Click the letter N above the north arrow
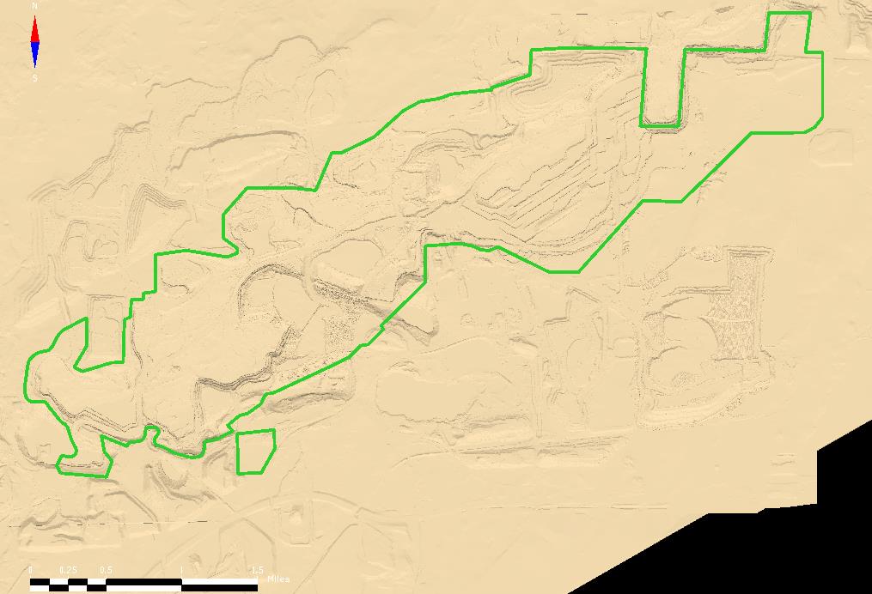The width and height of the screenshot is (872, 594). click(x=34, y=6)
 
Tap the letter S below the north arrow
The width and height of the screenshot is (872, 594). click(x=34, y=78)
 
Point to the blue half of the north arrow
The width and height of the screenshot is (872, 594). click(x=35, y=55)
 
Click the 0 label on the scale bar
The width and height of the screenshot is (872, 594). click(x=31, y=570)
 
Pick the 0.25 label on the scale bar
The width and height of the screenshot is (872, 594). click(x=67, y=570)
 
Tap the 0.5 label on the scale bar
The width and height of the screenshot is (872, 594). click(x=106, y=570)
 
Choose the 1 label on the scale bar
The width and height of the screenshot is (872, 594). click(x=181, y=570)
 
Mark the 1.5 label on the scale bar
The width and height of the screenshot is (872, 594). click(x=256, y=570)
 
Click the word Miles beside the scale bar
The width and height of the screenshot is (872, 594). click(x=278, y=579)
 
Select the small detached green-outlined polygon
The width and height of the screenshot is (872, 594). click(x=254, y=452)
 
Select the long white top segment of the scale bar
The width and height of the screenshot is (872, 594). click(x=219, y=582)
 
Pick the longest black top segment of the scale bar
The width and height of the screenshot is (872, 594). click(x=143, y=582)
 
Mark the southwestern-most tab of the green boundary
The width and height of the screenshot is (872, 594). click(x=83, y=462)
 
